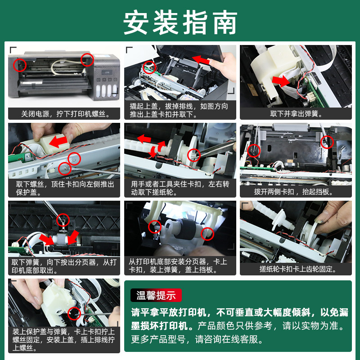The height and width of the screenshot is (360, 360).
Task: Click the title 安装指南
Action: coord(180,22)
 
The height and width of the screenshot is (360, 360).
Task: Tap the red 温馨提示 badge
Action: coord(156,295)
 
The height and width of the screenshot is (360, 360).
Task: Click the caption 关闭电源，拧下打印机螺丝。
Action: coord(66,114)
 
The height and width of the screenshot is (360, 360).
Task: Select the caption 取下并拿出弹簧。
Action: coord(296,114)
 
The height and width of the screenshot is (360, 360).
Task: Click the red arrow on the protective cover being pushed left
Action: coord(58,141)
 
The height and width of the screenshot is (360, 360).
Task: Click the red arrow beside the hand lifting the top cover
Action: coord(201,60)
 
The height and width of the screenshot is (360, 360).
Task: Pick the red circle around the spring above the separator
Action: coord(63,220)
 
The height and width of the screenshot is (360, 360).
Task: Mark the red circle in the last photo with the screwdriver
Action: coord(74,313)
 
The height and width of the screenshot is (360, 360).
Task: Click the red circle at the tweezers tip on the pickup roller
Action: coord(194,155)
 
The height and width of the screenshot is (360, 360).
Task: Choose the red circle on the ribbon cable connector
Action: coord(149,67)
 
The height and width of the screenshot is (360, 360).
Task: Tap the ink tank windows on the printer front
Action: coord(107,90)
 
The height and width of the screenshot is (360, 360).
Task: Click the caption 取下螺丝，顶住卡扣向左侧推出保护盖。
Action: coord(65,188)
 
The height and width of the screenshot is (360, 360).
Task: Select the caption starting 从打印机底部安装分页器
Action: coord(178,265)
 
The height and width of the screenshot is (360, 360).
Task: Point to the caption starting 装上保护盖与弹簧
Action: coord(63,340)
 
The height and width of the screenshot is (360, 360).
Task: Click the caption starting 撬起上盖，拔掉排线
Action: coord(179,110)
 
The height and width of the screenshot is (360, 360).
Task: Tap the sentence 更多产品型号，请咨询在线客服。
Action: coord(197,339)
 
